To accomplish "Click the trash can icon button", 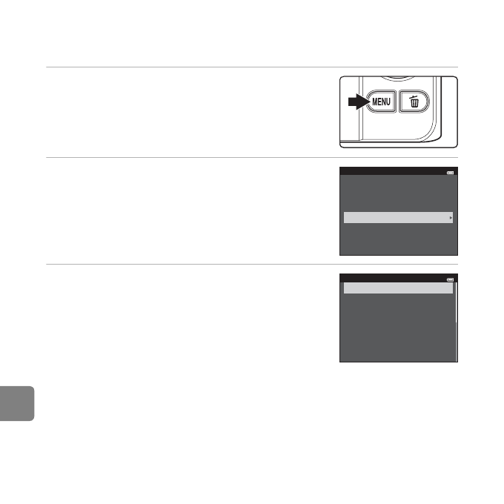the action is point(414,102).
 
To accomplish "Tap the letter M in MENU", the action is point(374,102).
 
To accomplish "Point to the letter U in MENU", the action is point(388,102).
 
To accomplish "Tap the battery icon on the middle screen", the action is point(451,173).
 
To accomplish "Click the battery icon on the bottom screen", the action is point(451,279).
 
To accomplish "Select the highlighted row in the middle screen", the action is point(398,218).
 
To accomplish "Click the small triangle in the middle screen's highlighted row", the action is point(451,218).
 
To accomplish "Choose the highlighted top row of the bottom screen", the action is point(398,288).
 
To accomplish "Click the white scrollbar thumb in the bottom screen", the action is point(457,302).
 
